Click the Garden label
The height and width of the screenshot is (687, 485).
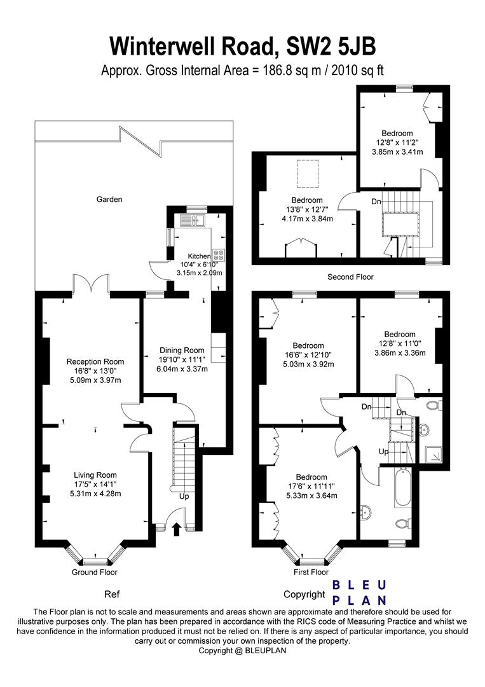(109, 199)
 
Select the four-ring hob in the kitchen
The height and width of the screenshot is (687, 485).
(219, 256)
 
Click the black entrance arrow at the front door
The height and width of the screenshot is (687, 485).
(177, 529)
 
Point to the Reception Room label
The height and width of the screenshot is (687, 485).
(95, 361)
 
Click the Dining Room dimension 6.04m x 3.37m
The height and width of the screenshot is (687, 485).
(182, 369)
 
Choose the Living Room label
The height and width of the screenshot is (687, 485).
(95, 475)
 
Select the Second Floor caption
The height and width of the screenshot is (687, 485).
(351, 277)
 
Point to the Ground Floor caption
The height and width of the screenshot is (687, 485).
(95, 572)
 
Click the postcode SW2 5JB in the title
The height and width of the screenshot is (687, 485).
(331, 46)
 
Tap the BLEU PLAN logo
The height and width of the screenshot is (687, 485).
(359, 593)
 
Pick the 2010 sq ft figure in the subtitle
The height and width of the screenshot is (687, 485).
(358, 71)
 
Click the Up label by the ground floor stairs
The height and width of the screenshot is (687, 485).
(184, 497)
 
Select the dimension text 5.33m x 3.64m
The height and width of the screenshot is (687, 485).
(311, 496)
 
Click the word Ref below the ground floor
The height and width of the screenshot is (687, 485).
(112, 595)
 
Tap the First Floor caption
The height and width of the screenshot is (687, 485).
(311, 572)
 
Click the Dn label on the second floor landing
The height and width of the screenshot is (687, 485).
(376, 202)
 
